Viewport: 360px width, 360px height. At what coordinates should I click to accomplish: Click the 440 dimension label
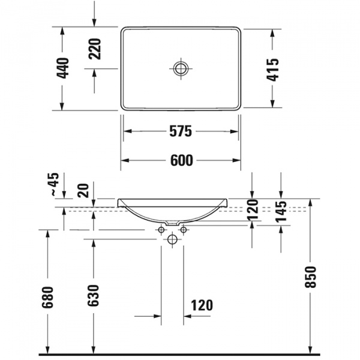[x=63, y=68]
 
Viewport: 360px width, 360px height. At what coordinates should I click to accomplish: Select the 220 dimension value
[x=95, y=49]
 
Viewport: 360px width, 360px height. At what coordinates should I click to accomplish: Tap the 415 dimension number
[x=273, y=70]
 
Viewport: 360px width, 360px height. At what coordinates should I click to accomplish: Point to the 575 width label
[x=181, y=131]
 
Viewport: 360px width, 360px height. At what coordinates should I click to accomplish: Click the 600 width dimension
[x=182, y=160]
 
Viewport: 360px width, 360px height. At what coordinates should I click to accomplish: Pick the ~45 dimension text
[x=55, y=184]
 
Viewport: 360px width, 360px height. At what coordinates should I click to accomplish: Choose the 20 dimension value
[x=83, y=191]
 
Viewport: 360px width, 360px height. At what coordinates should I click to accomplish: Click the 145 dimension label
[x=281, y=212]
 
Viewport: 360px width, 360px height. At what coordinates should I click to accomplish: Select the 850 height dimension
[x=310, y=277]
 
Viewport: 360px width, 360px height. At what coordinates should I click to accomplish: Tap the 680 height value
[x=48, y=297]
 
